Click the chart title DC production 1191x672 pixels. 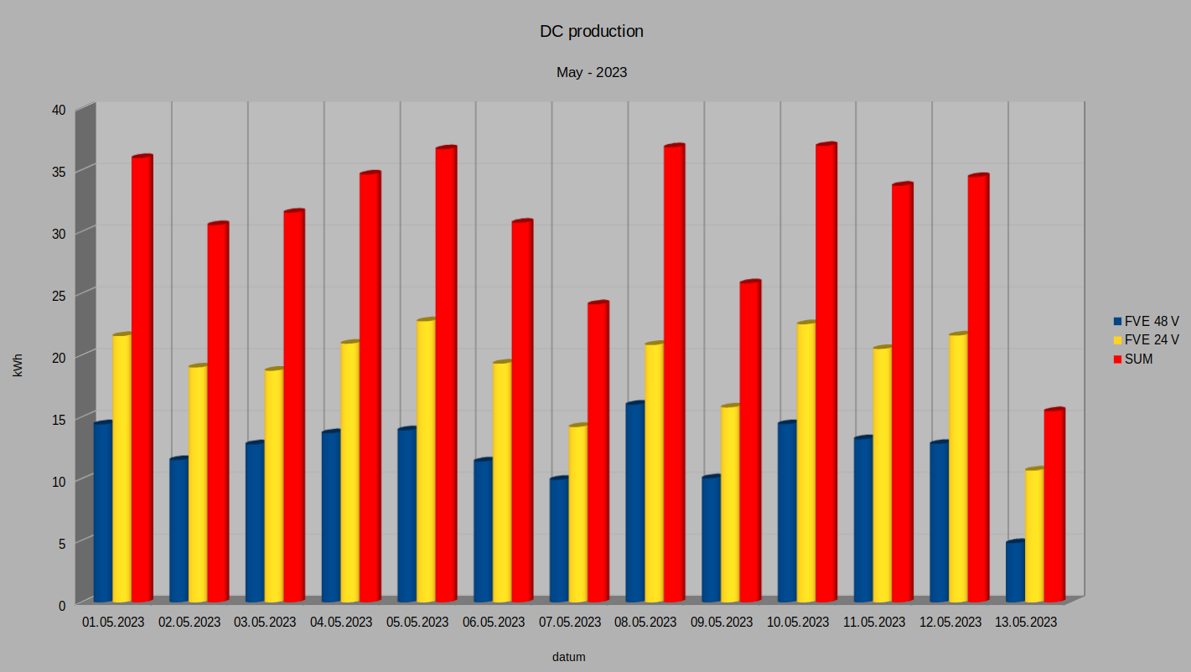click(x=592, y=32)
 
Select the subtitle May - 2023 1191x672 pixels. click(x=592, y=73)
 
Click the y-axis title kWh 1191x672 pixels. click(x=18, y=365)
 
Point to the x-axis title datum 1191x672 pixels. click(x=568, y=657)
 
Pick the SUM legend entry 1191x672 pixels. click(x=1138, y=359)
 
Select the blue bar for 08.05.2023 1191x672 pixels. click(x=634, y=503)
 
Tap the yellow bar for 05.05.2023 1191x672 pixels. click(x=426, y=461)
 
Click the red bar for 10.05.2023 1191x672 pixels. click(x=826, y=373)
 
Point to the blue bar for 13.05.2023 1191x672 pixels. click(x=1015, y=571)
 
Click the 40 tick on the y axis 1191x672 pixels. click(x=58, y=110)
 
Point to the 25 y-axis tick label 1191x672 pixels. click(x=58, y=295)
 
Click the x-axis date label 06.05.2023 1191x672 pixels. click(x=493, y=623)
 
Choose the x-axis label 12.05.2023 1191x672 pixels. click(x=950, y=623)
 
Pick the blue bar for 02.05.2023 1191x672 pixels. click(x=178, y=530)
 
